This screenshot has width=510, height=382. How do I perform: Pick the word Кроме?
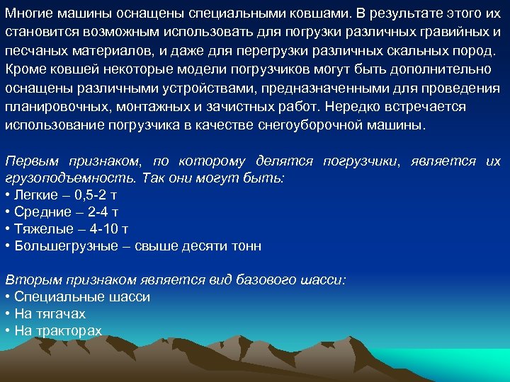coord(23,69)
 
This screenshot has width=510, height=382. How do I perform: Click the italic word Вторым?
coord(29,280)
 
